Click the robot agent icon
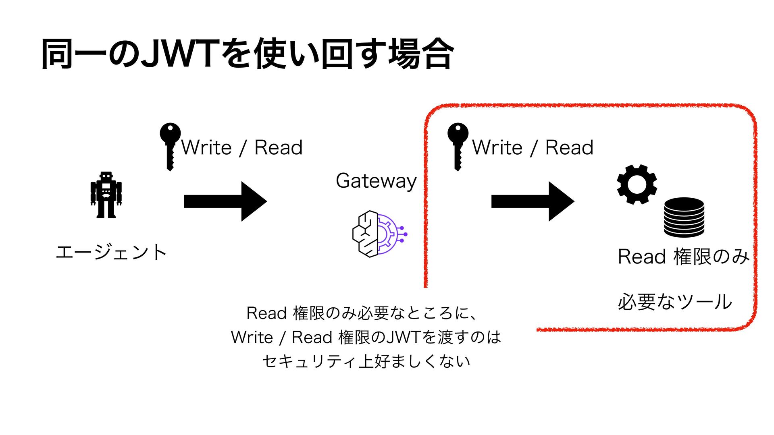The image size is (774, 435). tap(106, 195)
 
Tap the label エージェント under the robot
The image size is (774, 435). tap(111, 253)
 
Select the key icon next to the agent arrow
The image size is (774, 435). tap(170, 146)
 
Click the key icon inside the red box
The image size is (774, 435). tap(458, 146)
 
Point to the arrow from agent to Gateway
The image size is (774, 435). tap(225, 201)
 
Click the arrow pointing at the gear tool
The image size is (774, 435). tap(533, 201)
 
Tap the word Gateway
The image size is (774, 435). tap(376, 181)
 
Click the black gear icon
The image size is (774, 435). tap(637, 184)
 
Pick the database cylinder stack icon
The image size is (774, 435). tap(684, 217)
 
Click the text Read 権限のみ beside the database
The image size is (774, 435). tap(683, 257)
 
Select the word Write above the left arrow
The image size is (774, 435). tap(207, 147)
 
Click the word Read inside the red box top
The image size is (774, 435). tap(569, 147)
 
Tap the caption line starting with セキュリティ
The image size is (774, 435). tap(366, 361)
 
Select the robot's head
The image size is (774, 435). tap(106, 176)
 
